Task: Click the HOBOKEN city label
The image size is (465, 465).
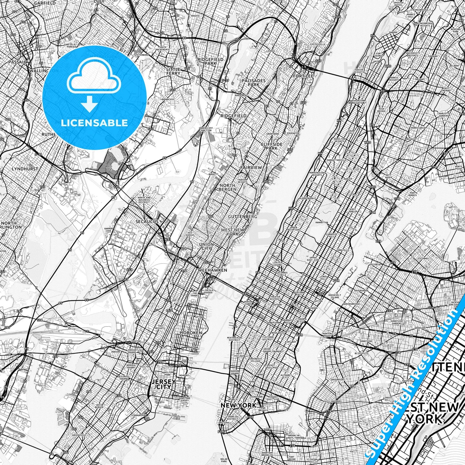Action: coord(191,332)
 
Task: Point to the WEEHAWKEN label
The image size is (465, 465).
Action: coord(212,270)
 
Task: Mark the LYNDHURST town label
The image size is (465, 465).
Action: coord(25,169)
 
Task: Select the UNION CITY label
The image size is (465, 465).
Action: coord(206,246)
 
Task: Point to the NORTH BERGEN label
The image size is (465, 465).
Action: coord(227,187)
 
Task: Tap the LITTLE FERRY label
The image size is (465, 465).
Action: coord(173,71)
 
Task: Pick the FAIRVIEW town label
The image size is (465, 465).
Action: coord(251,168)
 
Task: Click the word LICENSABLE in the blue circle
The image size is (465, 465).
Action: coord(94,123)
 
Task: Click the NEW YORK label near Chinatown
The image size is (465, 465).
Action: coord(238,405)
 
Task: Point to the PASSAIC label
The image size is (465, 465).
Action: coord(17,62)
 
